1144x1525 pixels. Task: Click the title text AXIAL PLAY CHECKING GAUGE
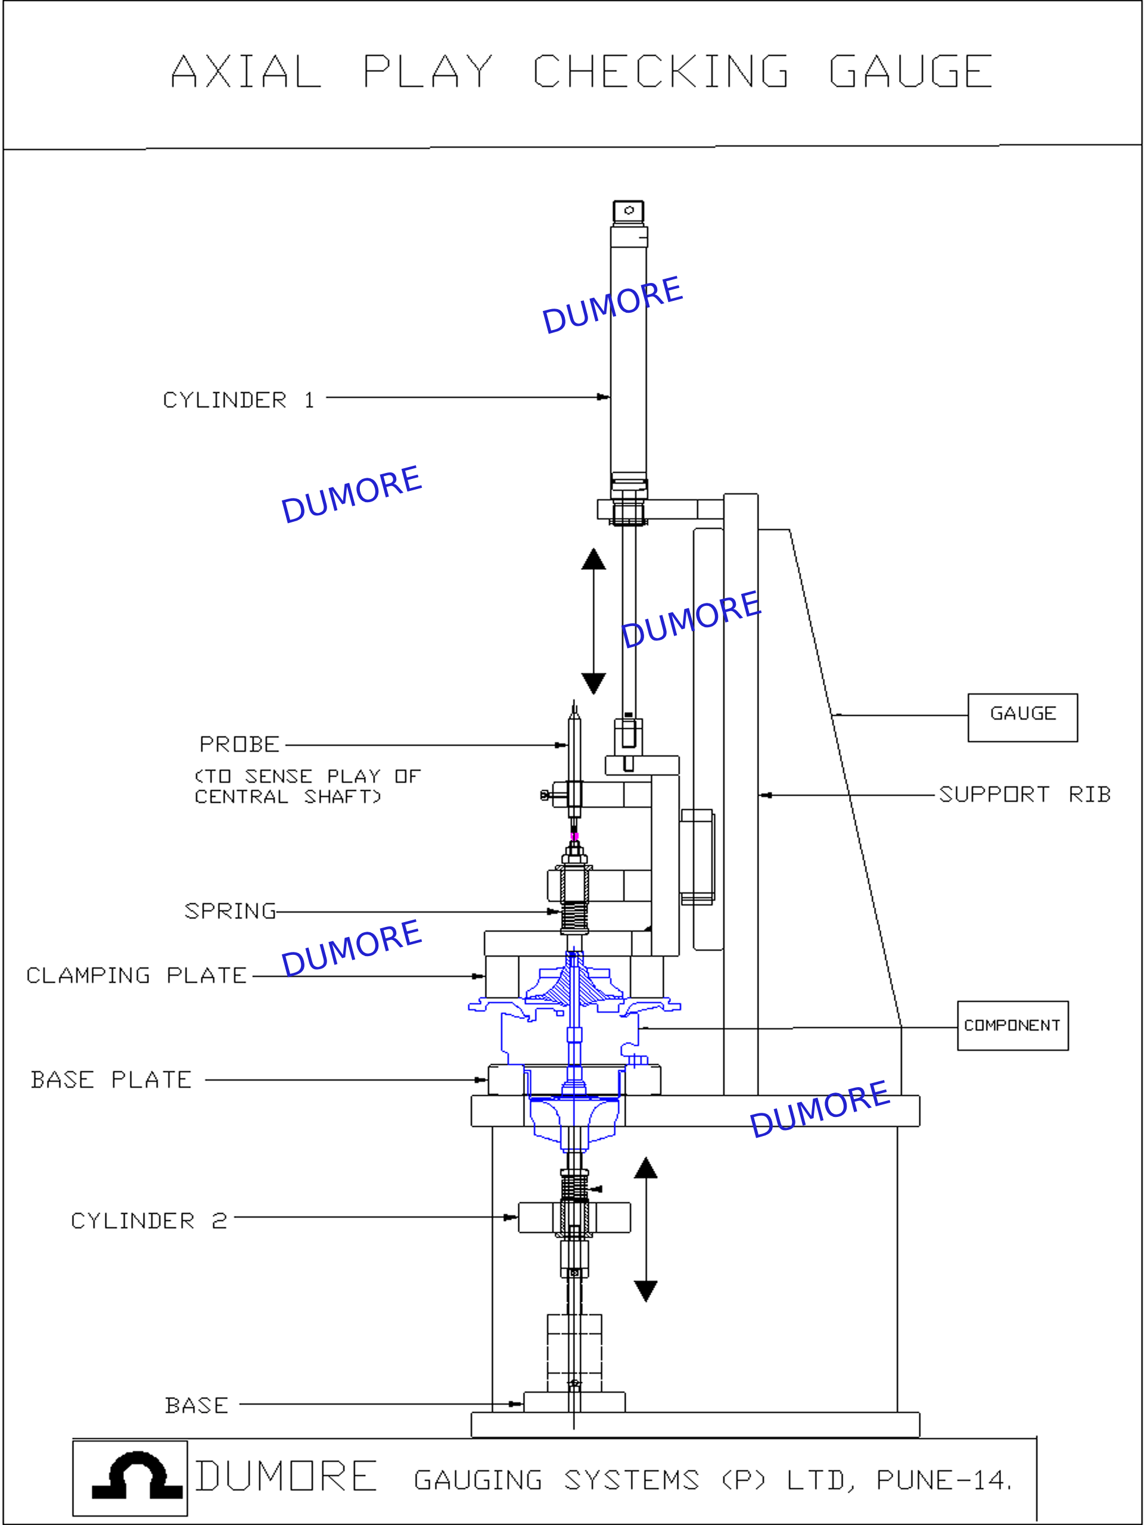coord(582,71)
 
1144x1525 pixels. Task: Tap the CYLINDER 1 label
coord(238,400)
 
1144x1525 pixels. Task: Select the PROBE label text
coord(240,745)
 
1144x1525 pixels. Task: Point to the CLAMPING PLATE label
coord(136,976)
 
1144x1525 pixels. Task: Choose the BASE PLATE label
coord(111,1079)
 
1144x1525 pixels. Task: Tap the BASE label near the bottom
coord(197,1405)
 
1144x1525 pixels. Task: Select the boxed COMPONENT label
coord(1013,1026)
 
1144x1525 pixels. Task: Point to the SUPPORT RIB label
coord(1025,795)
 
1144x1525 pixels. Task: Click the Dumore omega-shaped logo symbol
coord(137,1476)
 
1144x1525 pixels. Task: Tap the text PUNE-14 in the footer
coord(943,1480)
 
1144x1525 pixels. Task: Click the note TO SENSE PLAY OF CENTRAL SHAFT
coord(307,787)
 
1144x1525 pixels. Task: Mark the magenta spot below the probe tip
coord(574,836)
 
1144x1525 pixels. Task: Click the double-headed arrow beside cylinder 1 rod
coord(593,621)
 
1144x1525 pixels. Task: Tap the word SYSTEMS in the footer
coord(632,1480)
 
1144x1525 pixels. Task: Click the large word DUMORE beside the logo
coord(286,1476)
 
